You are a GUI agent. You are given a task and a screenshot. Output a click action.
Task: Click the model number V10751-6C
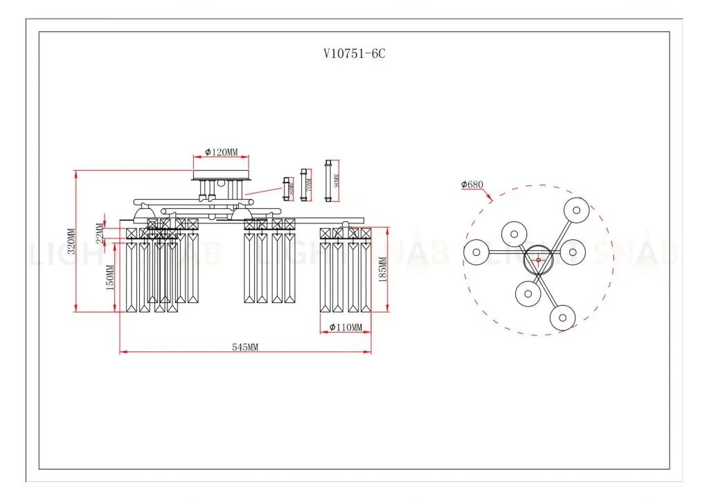pyautogui.click(x=354, y=54)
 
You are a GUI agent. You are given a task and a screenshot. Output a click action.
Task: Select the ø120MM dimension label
pyautogui.click(x=222, y=152)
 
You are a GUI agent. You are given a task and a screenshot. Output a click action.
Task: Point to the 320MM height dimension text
pyautogui.click(x=71, y=241)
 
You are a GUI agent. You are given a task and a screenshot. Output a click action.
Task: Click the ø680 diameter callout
pyautogui.click(x=472, y=185)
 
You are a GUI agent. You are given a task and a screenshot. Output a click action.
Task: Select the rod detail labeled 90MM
pyautogui.click(x=328, y=180)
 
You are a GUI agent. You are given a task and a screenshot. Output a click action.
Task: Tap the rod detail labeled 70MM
pyautogui.click(x=304, y=184)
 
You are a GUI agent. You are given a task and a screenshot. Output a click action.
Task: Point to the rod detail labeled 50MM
pyautogui.click(x=286, y=187)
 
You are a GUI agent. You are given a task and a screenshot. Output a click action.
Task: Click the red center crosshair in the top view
pyautogui.click(x=538, y=260)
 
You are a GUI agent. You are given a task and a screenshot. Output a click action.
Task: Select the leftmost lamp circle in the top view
pyautogui.click(x=476, y=252)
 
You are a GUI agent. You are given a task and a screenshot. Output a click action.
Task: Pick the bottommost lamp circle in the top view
pyautogui.click(x=562, y=318)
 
